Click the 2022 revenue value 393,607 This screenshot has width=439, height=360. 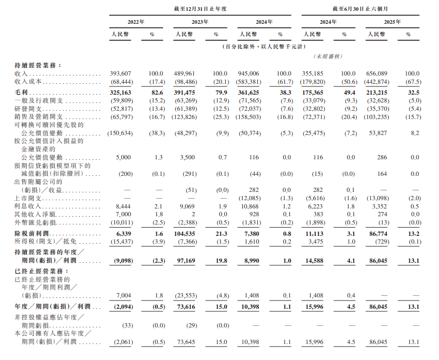click(122, 74)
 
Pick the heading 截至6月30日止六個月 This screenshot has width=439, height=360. click(360, 8)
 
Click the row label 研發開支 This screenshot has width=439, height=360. click(32, 109)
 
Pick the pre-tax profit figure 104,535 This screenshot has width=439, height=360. click(184, 234)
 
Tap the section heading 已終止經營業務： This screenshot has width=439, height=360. click(41, 271)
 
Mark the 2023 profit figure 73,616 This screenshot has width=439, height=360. click(185, 307)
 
